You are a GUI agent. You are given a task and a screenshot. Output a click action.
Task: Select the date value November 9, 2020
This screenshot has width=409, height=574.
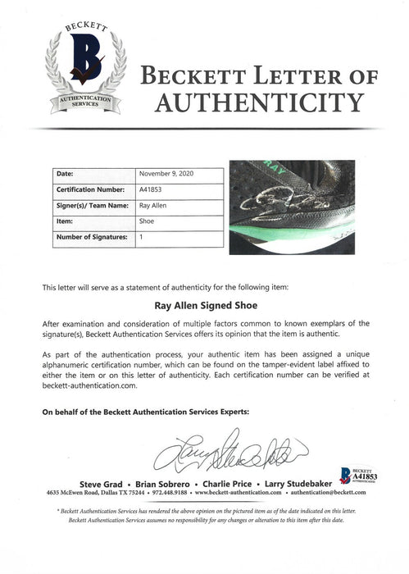pyautogui.click(x=165, y=175)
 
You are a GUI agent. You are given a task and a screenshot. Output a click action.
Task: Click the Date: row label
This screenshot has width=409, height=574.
pyautogui.click(x=66, y=175)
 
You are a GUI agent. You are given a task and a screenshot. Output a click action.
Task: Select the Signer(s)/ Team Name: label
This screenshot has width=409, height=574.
pyautogui.click(x=90, y=207)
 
